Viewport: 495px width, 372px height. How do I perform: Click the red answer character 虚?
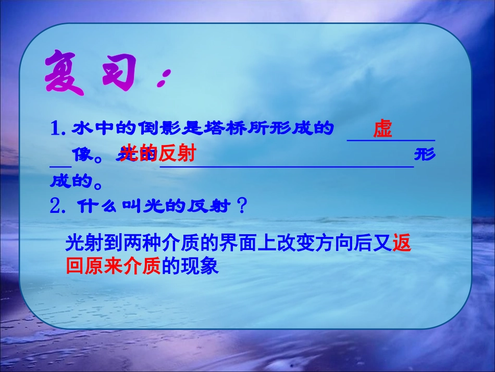382,129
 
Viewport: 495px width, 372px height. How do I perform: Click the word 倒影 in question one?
148,128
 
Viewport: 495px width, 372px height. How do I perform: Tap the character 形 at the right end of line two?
424,155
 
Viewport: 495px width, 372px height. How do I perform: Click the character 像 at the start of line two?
83,154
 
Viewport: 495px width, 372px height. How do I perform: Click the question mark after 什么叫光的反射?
241,207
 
